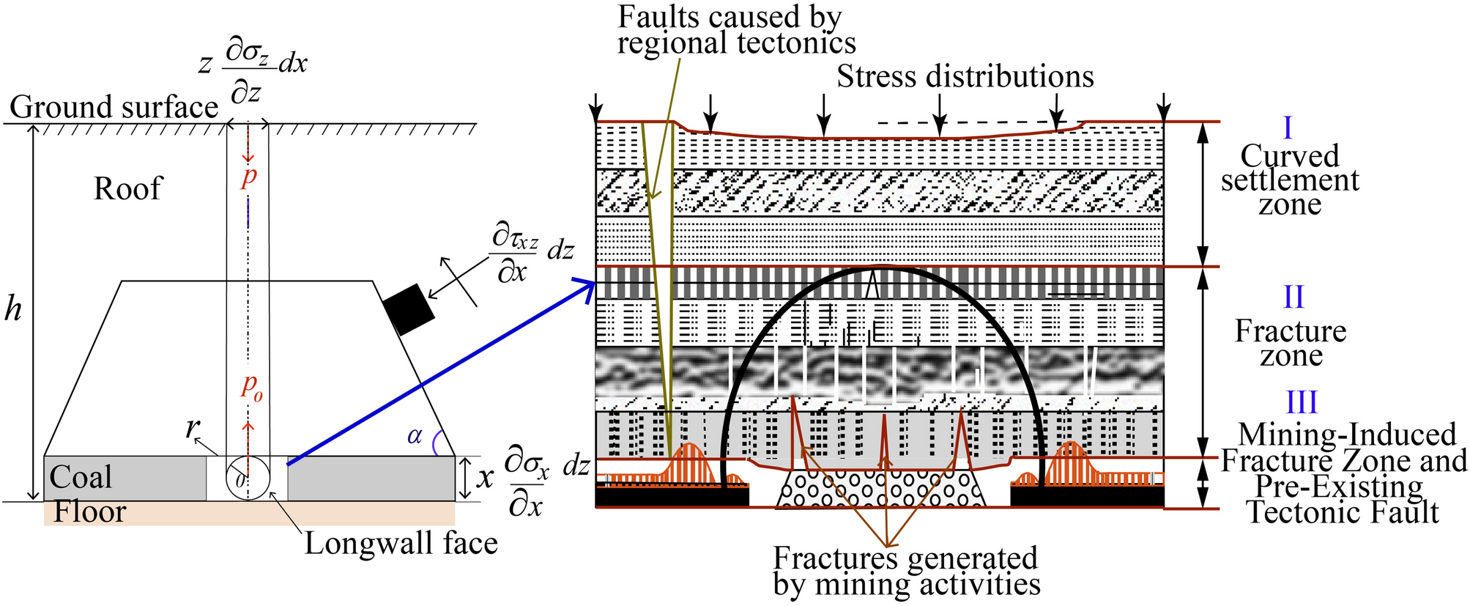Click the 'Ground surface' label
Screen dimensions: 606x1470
(114, 108)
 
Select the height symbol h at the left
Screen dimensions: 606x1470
(13, 311)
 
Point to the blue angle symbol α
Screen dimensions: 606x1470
(415, 437)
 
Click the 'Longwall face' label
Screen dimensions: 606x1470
(401, 544)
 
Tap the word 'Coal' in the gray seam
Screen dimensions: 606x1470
(81, 478)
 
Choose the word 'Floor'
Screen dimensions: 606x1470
(89, 511)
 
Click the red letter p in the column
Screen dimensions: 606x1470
(249, 176)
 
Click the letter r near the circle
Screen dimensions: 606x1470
(190, 427)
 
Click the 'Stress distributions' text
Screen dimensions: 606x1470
(965, 77)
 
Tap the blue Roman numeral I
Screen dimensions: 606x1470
(1288, 128)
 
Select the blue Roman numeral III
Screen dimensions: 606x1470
(1302, 402)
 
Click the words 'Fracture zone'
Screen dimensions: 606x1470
(1291, 343)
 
